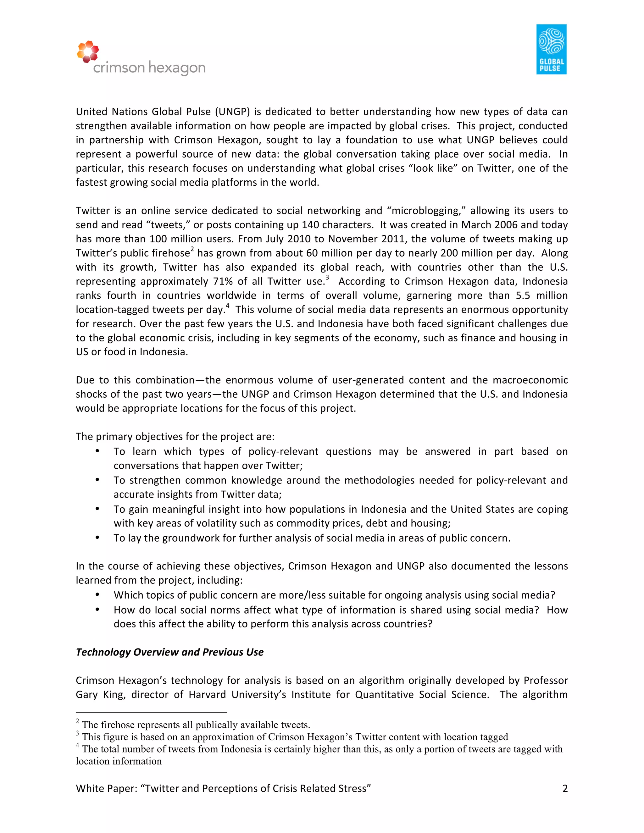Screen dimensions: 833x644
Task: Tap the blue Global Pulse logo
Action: (x=551, y=49)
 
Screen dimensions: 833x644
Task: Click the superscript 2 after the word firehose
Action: (x=192, y=249)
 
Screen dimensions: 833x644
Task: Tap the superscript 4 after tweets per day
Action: (x=227, y=306)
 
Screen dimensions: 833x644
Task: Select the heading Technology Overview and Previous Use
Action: (x=169, y=652)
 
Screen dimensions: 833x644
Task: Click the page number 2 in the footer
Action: (x=565, y=788)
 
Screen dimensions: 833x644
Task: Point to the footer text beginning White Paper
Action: (x=223, y=788)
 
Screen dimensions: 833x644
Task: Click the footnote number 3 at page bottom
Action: (x=77, y=733)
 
